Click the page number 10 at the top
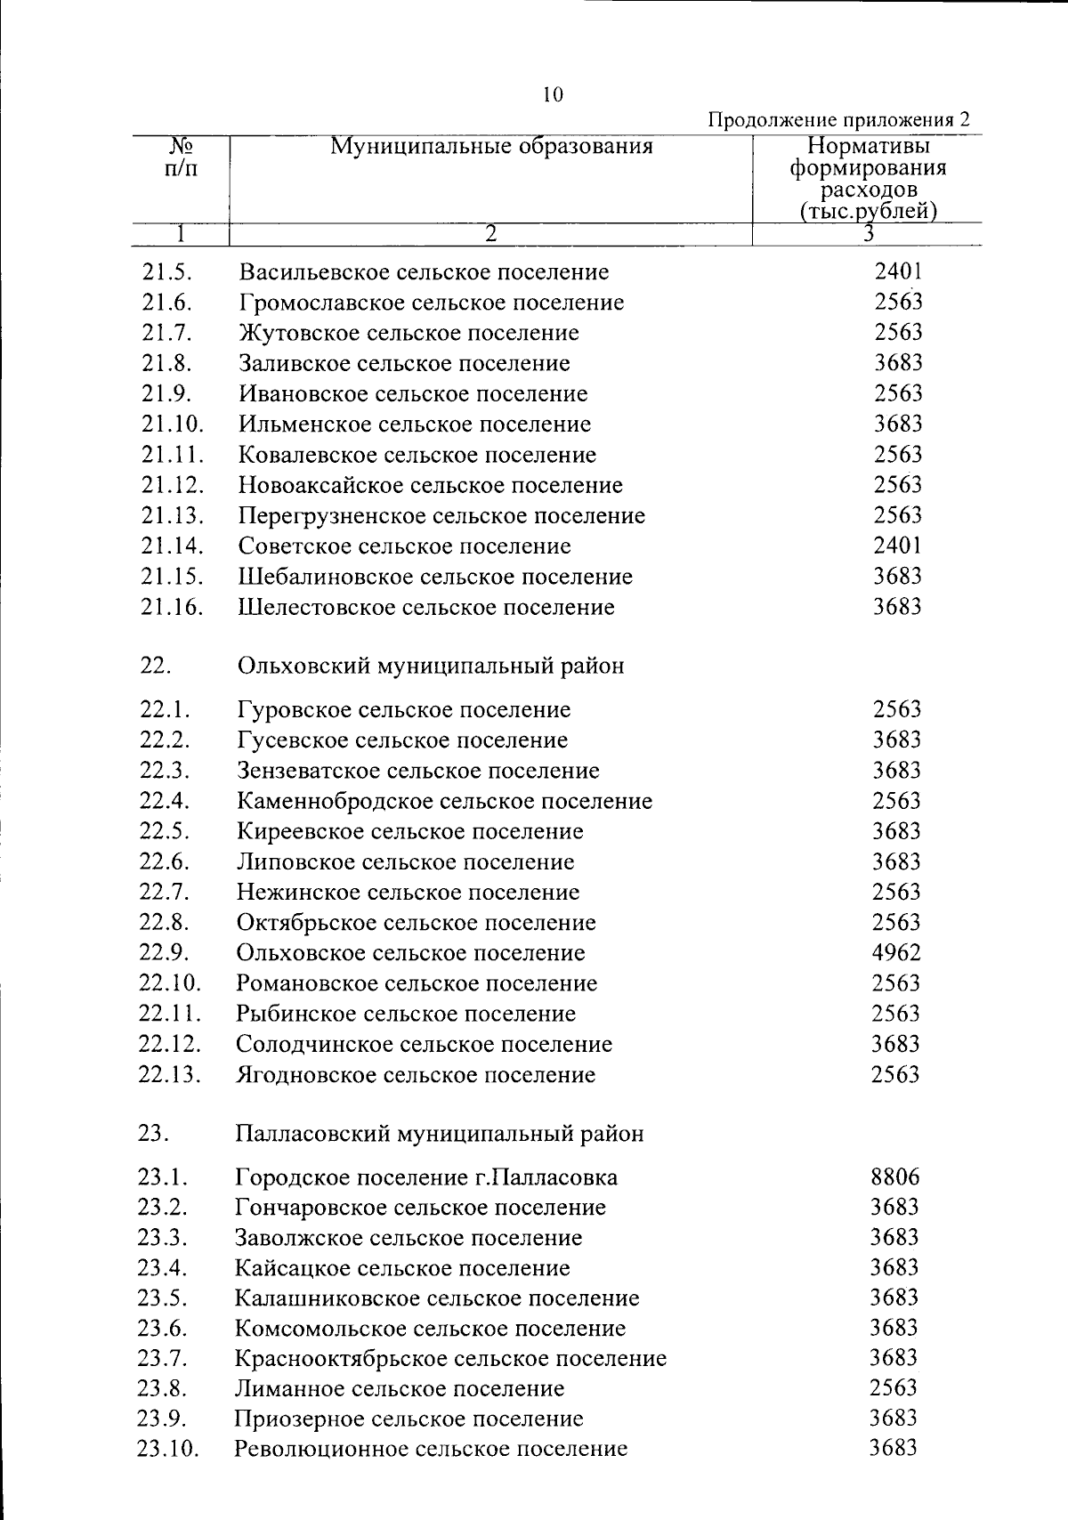coord(553,95)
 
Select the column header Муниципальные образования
coord(491,147)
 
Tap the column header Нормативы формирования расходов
coord(868,178)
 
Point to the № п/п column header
coord(182,157)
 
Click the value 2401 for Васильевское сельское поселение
coord(897,271)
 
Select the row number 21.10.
coord(172,424)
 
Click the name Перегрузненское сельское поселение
coord(441,516)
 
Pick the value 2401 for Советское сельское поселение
coord(897,546)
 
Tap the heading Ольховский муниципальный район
coord(431,666)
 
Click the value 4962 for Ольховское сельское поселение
coord(896,953)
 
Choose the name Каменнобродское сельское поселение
coord(444,801)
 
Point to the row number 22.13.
coord(170,1075)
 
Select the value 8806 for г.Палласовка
coord(895,1177)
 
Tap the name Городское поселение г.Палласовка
coord(426,1178)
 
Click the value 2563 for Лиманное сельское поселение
coord(894,1388)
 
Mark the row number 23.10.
coord(168,1449)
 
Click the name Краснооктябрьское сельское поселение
coord(450,1359)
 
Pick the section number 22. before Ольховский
coord(155,666)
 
